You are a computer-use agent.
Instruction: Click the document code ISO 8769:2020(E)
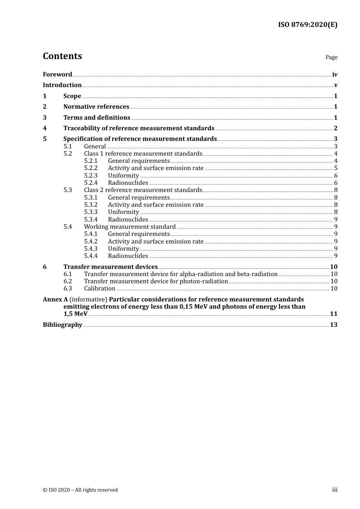[307, 25]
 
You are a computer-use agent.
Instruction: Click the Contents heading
[62, 56]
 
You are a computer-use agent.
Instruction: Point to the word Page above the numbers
[331, 57]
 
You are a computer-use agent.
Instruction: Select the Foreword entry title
[57, 75]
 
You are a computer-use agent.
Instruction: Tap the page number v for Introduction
[335, 85]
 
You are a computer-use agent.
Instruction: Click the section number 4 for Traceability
[45, 128]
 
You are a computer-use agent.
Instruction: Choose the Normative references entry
[96, 107]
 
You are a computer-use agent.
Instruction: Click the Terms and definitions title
[97, 118]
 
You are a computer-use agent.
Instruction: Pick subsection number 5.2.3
[91, 176]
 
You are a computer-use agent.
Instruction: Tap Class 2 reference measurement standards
[143, 190]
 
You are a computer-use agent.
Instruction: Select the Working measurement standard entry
[130, 227]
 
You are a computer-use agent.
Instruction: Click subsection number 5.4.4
[91, 256]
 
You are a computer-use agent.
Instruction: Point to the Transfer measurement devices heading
[110, 267]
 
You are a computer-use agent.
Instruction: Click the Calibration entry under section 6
[100, 289]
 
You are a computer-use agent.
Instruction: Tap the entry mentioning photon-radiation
[156, 281]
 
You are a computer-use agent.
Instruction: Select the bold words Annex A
[55, 300]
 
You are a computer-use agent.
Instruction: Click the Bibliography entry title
[63, 325]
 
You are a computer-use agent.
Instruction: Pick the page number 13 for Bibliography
[333, 325]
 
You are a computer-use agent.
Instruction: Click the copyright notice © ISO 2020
[80, 490]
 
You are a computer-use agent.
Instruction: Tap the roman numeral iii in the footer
[335, 490]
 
